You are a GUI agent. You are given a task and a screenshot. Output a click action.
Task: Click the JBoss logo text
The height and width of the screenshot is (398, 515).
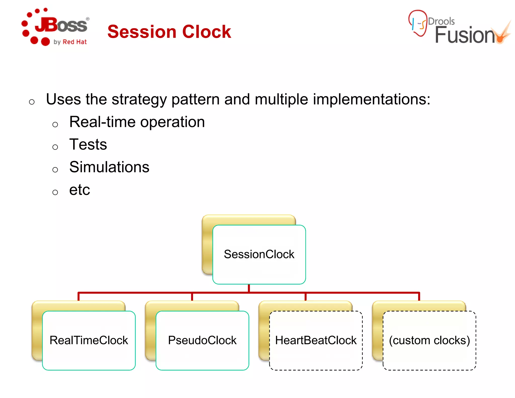point(62,25)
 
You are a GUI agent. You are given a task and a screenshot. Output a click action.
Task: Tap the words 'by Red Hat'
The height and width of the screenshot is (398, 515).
point(70,42)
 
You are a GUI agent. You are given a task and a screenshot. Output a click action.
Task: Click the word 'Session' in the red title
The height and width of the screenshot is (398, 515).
point(142,32)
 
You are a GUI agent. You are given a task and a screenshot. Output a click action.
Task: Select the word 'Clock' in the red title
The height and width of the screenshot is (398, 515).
point(206,32)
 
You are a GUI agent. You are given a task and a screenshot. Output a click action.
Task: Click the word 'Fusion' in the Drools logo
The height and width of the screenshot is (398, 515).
point(465,35)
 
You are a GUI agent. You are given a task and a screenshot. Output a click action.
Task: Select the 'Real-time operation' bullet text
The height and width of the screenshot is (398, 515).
point(137,122)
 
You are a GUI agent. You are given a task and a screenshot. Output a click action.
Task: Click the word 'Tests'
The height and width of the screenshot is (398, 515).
point(88,145)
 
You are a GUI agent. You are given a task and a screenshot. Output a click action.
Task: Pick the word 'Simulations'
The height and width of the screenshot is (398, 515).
point(109,167)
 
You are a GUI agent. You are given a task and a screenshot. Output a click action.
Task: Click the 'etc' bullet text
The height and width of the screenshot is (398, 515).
point(79,190)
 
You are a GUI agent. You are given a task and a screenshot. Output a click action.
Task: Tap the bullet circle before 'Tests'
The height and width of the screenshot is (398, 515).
point(55,147)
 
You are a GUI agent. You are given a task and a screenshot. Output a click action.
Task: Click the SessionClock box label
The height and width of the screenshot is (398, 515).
point(259,254)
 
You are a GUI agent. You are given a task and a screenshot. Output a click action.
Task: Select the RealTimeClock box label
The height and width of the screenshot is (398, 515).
point(89,340)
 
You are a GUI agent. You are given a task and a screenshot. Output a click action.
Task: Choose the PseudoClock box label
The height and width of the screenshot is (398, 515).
point(202,340)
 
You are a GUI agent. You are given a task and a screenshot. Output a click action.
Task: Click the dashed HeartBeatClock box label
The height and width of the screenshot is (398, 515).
point(316,340)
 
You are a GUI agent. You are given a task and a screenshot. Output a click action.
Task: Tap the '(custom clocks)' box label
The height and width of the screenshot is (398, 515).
point(429,340)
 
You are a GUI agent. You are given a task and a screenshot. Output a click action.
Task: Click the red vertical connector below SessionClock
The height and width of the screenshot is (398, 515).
point(249,288)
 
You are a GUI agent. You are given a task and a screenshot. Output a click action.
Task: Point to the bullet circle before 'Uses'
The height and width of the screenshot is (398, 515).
point(32,102)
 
